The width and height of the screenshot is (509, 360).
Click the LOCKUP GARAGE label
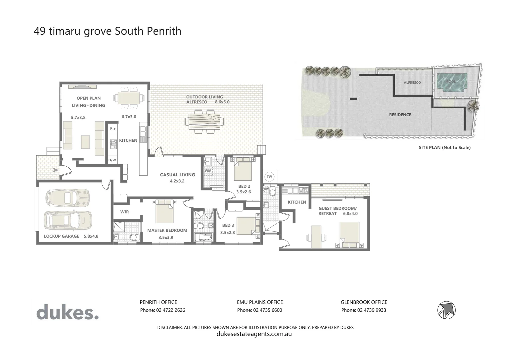pyautogui.click(x=62, y=236)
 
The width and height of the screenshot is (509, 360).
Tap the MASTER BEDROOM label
pyautogui.click(x=167, y=230)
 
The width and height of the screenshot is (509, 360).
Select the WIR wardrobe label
pyautogui.click(x=125, y=212)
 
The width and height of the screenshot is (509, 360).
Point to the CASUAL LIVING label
pyautogui.click(x=177, y=175)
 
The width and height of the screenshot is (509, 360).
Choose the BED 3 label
pyautogui.click(x=228, y=225)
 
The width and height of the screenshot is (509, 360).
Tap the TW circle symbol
pyautogui.click(x=269, y=177)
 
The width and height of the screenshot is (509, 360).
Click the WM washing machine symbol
pyautogui.click(x=208, y=171)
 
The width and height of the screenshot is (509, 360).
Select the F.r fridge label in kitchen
pyautogui.click(x=113, y=129)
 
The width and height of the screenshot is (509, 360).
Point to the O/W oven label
pyautogui.click(x=112, y=160)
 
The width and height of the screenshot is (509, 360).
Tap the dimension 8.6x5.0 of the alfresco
pyautogui.click(x=222, y=102)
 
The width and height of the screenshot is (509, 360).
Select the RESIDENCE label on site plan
pyautogui.click(x=400, y=115)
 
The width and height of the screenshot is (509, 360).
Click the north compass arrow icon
pyautogui.click(x=446, y=310)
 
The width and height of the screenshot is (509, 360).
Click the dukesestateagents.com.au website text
pyautogui.click(x=254, y=334)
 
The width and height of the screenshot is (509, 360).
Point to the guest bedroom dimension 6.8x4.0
pyautogui.click(x=350, y=214)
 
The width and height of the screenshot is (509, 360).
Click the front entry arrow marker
pyautogui.click(x=55, y=170)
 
